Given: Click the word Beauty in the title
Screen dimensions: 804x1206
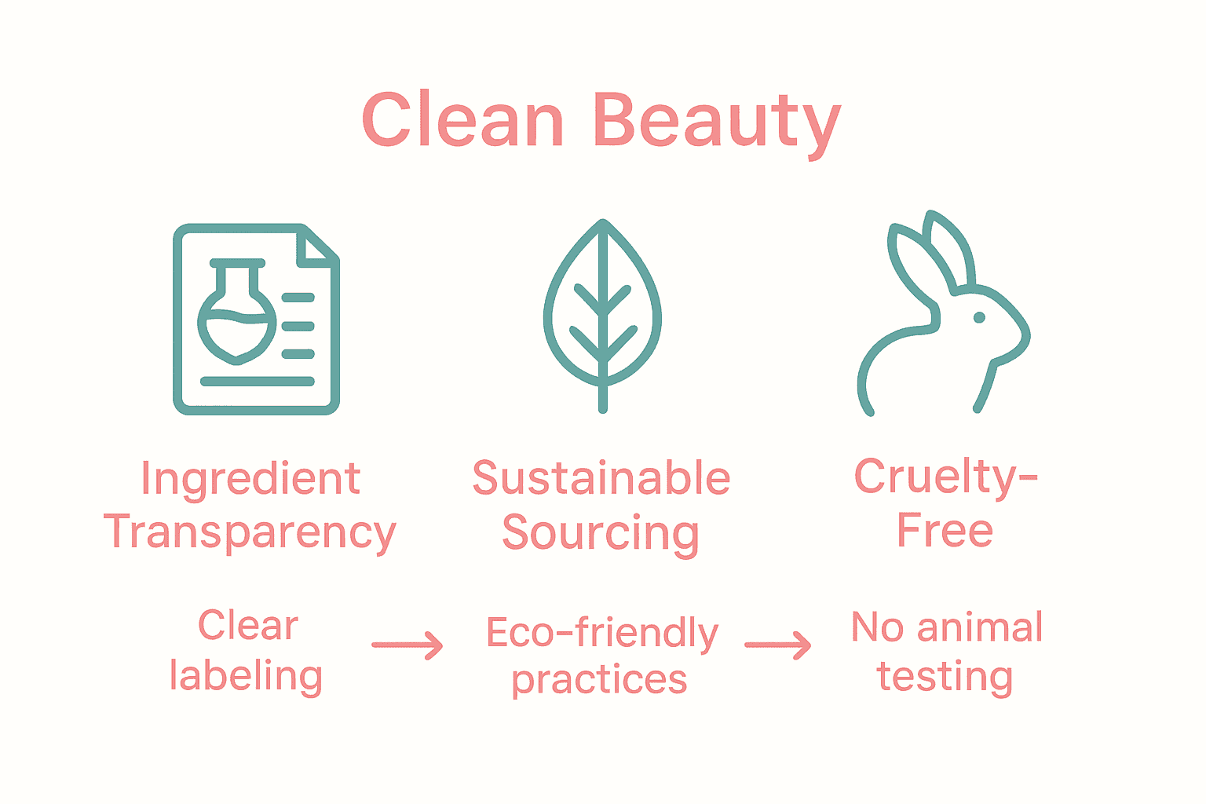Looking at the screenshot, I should click(717, 122).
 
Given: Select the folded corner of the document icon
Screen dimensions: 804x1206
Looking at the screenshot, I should click(317, 246).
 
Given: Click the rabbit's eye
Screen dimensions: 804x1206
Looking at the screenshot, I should click(979, 317).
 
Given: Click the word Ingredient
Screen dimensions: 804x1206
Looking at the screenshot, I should click(250, 479).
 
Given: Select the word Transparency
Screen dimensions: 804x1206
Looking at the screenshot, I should click(250, 533).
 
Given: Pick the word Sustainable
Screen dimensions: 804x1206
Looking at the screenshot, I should click(601, 478).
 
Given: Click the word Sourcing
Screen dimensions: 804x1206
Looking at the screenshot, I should click(601, 533).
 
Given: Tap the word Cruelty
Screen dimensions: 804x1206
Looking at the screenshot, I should click(934, 477).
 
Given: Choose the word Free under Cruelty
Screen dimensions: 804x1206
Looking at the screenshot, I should click(945, 531).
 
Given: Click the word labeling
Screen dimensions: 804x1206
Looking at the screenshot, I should click(246, 676).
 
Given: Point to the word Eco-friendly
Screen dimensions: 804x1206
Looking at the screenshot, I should click(601, 633).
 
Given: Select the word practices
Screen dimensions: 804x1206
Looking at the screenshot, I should click(600, 680).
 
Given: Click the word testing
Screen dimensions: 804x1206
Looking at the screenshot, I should click(945, 676).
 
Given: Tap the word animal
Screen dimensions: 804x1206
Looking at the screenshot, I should click(980, 627).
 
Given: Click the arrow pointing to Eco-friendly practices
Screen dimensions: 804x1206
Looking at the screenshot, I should click(407, 645).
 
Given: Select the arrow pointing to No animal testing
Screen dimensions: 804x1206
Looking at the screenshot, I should click(777, 645).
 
